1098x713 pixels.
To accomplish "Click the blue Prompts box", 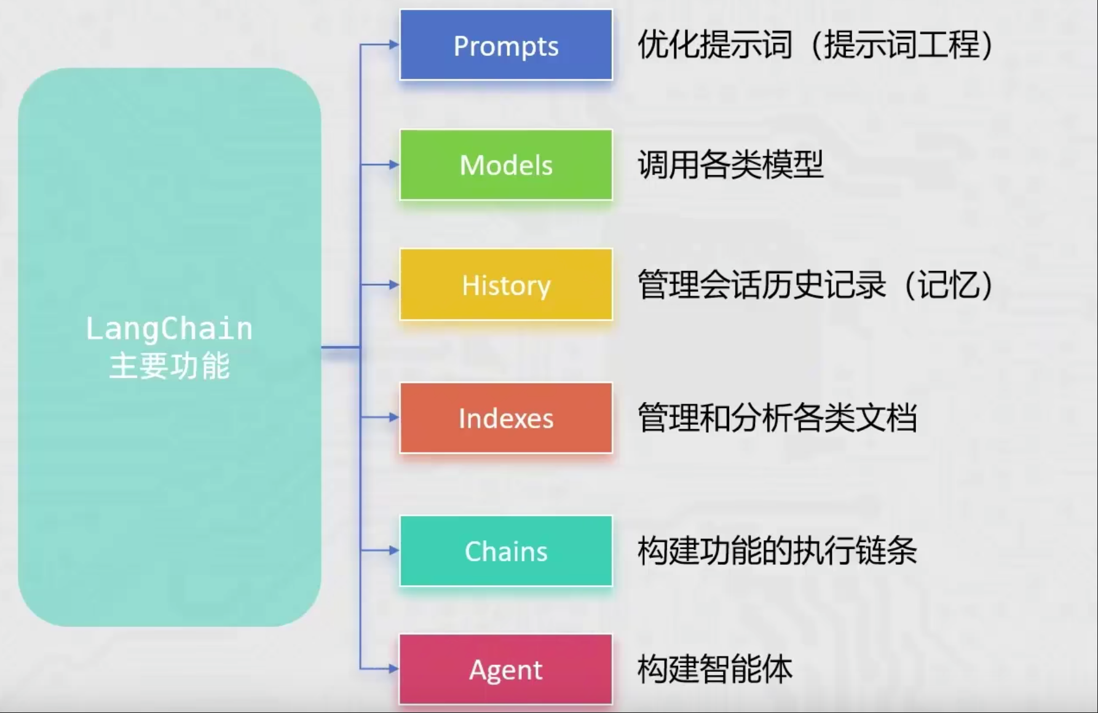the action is click(x=506, y=45).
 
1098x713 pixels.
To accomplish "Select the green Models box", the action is click(x=506, y=165).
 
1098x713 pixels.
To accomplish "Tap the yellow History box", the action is click(x=506, y=285).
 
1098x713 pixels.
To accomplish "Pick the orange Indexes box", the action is click(x=506, y=418).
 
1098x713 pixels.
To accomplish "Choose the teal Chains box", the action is click(x=506, y=551).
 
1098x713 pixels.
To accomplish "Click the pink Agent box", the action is click(x=506, y=669).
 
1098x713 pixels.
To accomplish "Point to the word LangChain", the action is click(x=169, y=328).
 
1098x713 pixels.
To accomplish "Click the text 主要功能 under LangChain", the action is click(x=169, y=366).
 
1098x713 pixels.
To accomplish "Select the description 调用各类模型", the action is click(x=730, y=165).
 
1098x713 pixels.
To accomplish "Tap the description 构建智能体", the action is click(x=715, y=669).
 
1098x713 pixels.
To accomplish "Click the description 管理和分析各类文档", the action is click(x=777, y=418).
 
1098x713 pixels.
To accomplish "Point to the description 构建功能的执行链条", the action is click(x=777, y=551).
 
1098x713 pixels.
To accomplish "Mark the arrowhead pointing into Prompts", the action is click(x=394, y=44).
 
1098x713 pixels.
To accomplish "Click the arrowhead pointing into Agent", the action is click(x=394, y=669).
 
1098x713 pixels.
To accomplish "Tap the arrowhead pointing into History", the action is click(x=394, y=285).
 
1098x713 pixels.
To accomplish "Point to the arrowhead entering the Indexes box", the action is click(x=394, y=417).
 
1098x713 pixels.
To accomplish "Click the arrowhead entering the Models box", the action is click(x=394, y=165).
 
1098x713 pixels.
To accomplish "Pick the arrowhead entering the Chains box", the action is click(x=394, y=550).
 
